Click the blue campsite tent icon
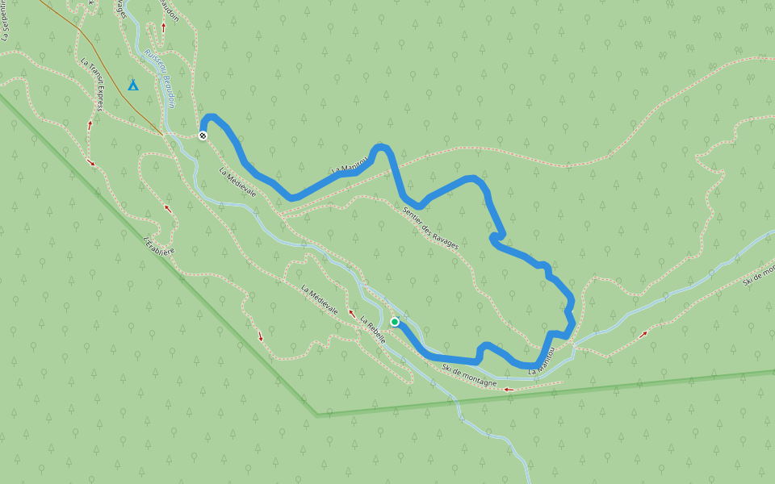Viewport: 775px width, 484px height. point(133,85)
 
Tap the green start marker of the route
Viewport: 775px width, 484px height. point(395,322)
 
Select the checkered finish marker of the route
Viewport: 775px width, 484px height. point(203,136)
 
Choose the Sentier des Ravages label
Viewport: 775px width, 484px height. point(429,227)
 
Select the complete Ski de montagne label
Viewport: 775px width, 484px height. point(469,376)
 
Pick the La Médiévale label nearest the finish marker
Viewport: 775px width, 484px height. point(238,182)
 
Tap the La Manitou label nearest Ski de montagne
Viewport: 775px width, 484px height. point(542,361)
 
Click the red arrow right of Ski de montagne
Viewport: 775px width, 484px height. point(509,390)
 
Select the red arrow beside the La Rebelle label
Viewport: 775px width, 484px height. point(352,312)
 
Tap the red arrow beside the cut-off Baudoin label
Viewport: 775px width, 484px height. point(164,27)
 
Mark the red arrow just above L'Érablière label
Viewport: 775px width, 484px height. point(168,208)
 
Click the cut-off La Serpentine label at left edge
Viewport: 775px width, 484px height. point(6,20)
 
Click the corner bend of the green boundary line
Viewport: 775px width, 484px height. point(316,415)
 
